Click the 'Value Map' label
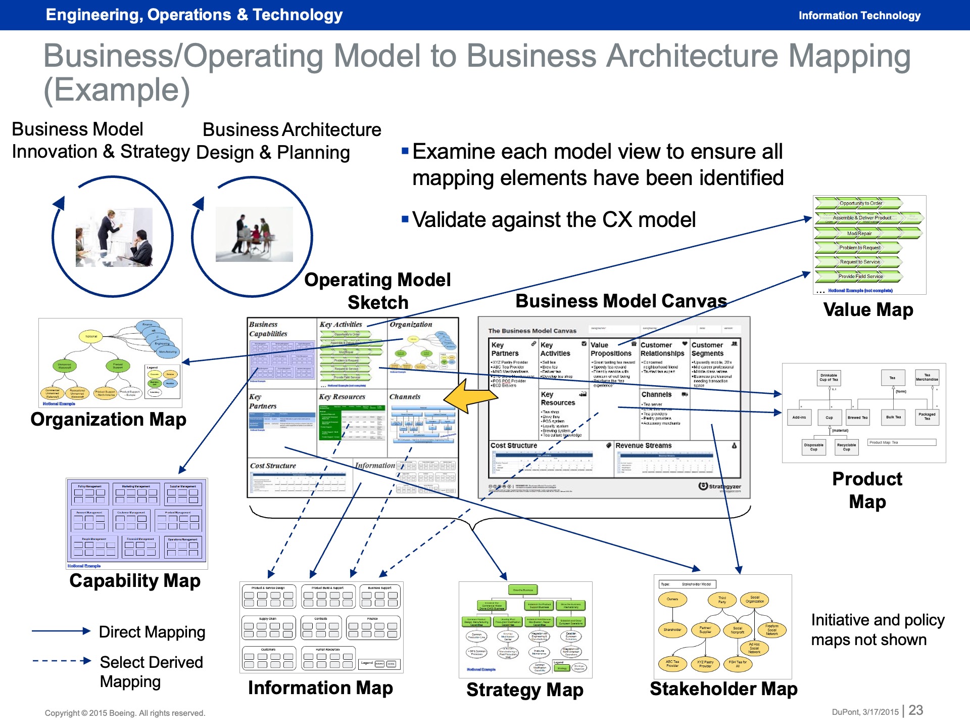coord(868,309)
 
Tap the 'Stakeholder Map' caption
coord(723,689)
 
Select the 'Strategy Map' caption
coord(525,690)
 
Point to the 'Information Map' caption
coord(320,688)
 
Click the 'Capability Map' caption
coord(135,580)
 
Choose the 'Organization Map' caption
coord(108,419)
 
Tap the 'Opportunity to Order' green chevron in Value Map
coord(860,203)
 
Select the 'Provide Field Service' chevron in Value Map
coord(860,277)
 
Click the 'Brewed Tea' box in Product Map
coord(857,418)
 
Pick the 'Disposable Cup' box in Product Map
coord(813,447)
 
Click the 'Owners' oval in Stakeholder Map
coord(672,599)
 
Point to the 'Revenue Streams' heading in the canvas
coord(644,445)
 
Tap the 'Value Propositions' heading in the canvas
coord(611,349)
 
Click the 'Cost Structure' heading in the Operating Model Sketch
coord(273,466)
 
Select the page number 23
coord(915,710)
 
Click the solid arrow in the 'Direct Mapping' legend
coord(61,631)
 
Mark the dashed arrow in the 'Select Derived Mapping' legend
coord(61,661)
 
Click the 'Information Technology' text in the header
coord(859,16)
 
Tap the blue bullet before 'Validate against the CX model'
coord(405,219)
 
